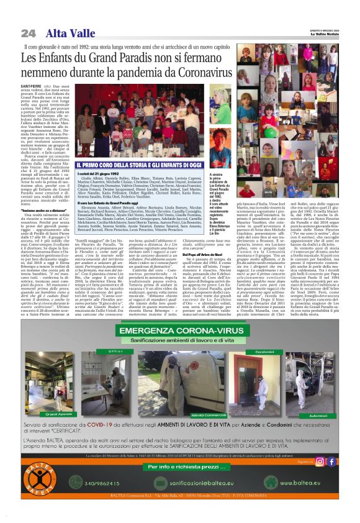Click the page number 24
coord(28,33)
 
